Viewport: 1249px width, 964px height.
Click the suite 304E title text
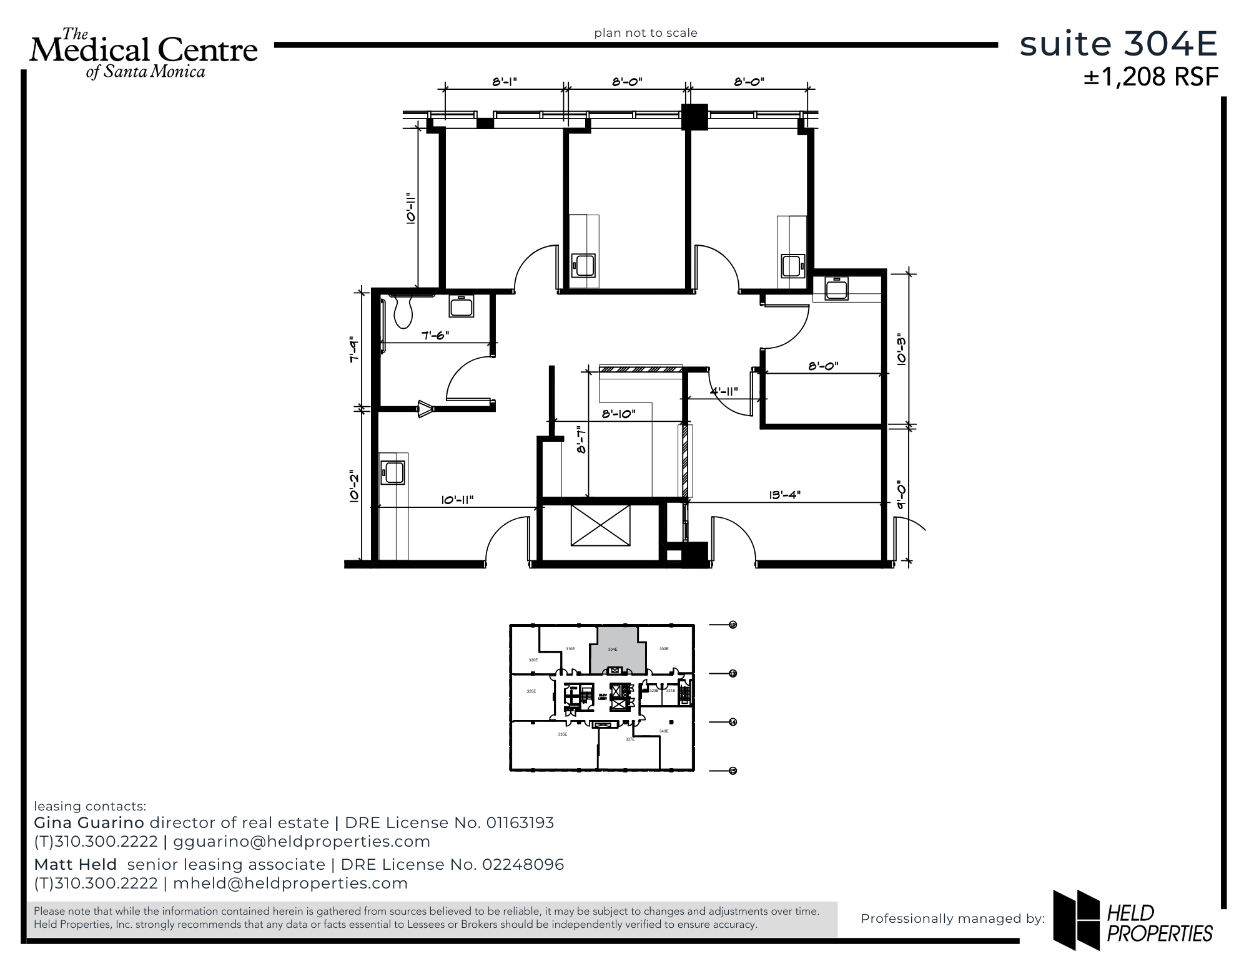[x=1118, y=45]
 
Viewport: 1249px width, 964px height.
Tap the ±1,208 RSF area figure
[x=1150, y=77]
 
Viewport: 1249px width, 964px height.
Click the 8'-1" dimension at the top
[x=505, y=82]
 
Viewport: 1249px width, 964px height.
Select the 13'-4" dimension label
[x=785, y=495]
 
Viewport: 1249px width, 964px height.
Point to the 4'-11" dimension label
[x=724, y=391]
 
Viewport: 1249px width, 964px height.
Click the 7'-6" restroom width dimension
[x=435, y=335]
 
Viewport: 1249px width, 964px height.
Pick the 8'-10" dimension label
[x=618, y=413]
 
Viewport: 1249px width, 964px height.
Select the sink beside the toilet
[x=461, y=306]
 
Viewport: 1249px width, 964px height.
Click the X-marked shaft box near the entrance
[x=600, y=525]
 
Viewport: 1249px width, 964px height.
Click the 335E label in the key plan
[x=563, y=734]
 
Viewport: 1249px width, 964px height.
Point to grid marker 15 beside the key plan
[x=733, y=771]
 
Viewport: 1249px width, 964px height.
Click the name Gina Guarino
[x=89, y=822]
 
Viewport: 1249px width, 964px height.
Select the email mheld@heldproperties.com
[x=290, y=883]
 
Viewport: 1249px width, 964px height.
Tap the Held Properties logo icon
[x=1076, y=918]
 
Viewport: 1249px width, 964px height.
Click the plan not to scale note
[x=645, y=32]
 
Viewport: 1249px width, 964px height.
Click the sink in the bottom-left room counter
[x=393, y=472]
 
